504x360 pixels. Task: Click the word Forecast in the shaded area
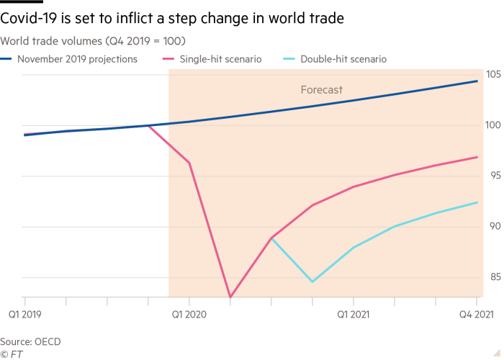pos(321,90)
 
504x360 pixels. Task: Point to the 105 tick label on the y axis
pos(493,74)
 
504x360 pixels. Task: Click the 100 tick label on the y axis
pos(493,125)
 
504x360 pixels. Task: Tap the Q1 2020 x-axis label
pos(189,313)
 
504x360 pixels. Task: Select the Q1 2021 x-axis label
pos(353,313)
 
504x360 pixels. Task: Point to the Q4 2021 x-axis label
pos(477,313)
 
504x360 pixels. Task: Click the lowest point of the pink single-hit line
pos(230,297)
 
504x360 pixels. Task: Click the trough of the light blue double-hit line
pos(312,282)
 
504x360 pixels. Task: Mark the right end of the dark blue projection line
pos(477,81)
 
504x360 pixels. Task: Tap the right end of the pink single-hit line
pos(477,157)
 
